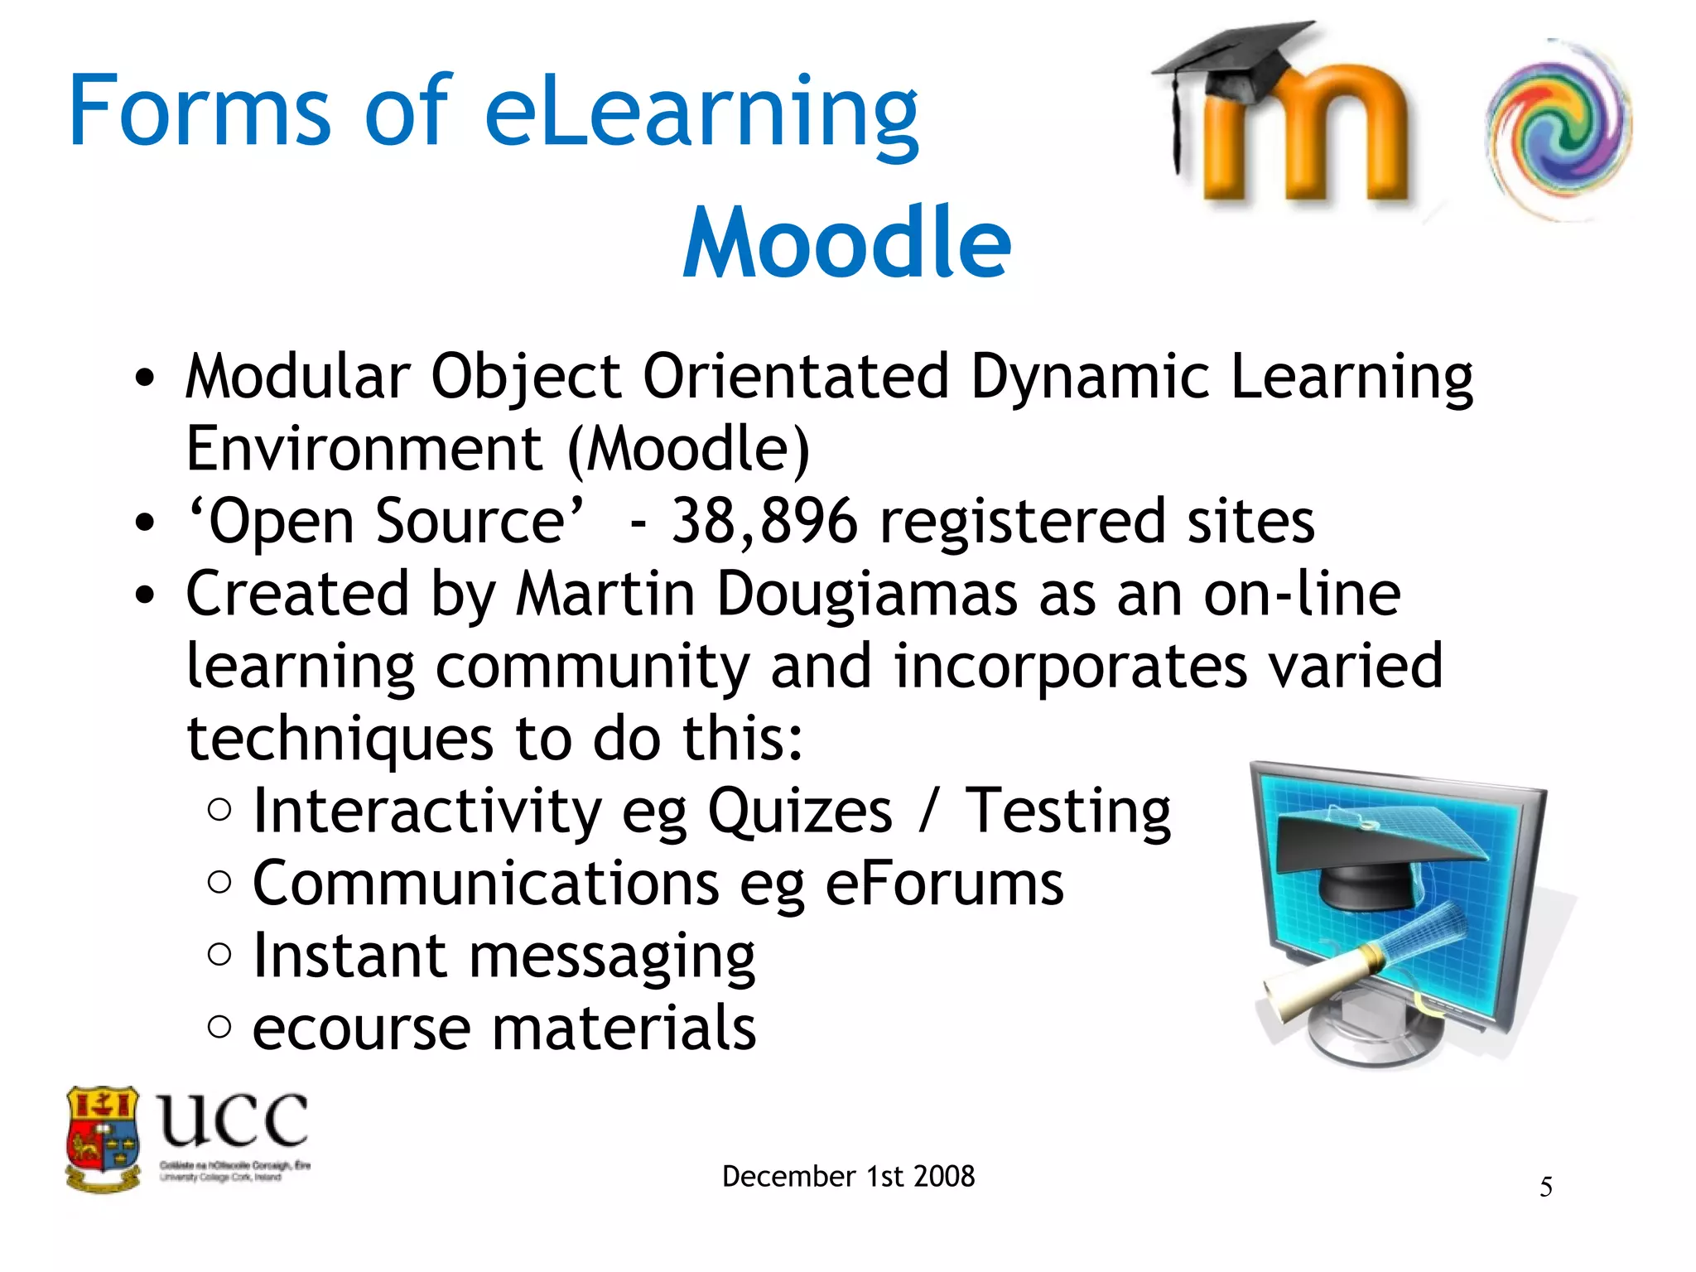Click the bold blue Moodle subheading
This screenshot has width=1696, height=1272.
(846, 243)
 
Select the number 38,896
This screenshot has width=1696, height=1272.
(764, 522)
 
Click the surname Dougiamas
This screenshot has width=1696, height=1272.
(866, 595)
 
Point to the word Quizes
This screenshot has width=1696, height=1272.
(800, 812)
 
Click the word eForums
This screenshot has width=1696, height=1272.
(944, 884)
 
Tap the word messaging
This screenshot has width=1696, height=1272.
(612, 957)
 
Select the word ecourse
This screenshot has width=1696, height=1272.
(361, 1029)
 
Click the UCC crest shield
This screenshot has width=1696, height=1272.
(103, 1138)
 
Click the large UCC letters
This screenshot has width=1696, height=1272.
(233, 1120)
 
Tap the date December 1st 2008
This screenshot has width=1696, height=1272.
(848, 1176)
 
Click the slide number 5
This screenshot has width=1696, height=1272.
(1545, 1188)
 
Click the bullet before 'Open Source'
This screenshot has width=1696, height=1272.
(145, 523)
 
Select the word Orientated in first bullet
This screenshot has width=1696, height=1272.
(795, 377)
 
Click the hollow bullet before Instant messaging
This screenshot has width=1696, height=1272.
(219, 955)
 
